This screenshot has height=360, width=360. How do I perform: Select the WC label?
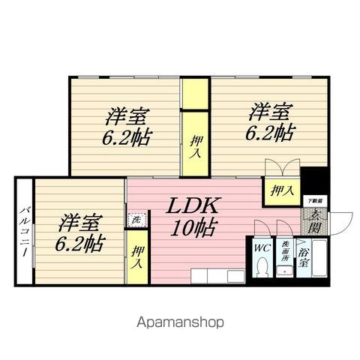(x=262, y=247)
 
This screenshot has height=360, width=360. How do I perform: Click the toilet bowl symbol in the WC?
(x=262, y=266)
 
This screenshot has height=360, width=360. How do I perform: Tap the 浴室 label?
(x=305, y=247)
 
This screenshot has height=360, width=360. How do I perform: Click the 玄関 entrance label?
(x=315, y=217)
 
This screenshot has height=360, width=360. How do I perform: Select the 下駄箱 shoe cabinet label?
(x=315, y=201)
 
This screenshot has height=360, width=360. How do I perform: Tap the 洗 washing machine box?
(x=136, y=220)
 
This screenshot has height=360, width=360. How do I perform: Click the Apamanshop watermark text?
(x=180, y=323)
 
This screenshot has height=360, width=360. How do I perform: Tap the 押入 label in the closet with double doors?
(x=281, y=190)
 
